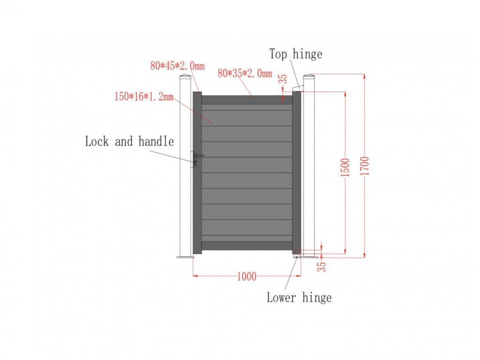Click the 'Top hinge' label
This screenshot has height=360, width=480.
coord(296,54)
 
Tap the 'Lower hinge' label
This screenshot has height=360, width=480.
coord(299,297)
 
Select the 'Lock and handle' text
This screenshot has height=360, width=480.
coord(129,142)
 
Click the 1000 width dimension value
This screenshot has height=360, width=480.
coord(247,277)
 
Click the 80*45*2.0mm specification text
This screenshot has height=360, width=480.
coord(177,66)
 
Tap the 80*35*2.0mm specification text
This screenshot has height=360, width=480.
coord(245,73)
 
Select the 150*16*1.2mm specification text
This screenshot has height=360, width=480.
coord(144,97)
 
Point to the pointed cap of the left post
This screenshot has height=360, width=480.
coord(186,77)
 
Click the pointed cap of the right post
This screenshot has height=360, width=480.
coord(309,76)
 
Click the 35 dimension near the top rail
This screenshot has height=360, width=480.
coord(283,79)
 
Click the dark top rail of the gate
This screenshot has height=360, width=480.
coord(247,100)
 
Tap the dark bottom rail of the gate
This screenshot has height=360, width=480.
coord(247,246)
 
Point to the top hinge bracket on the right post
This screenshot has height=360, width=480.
coord(297,88)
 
